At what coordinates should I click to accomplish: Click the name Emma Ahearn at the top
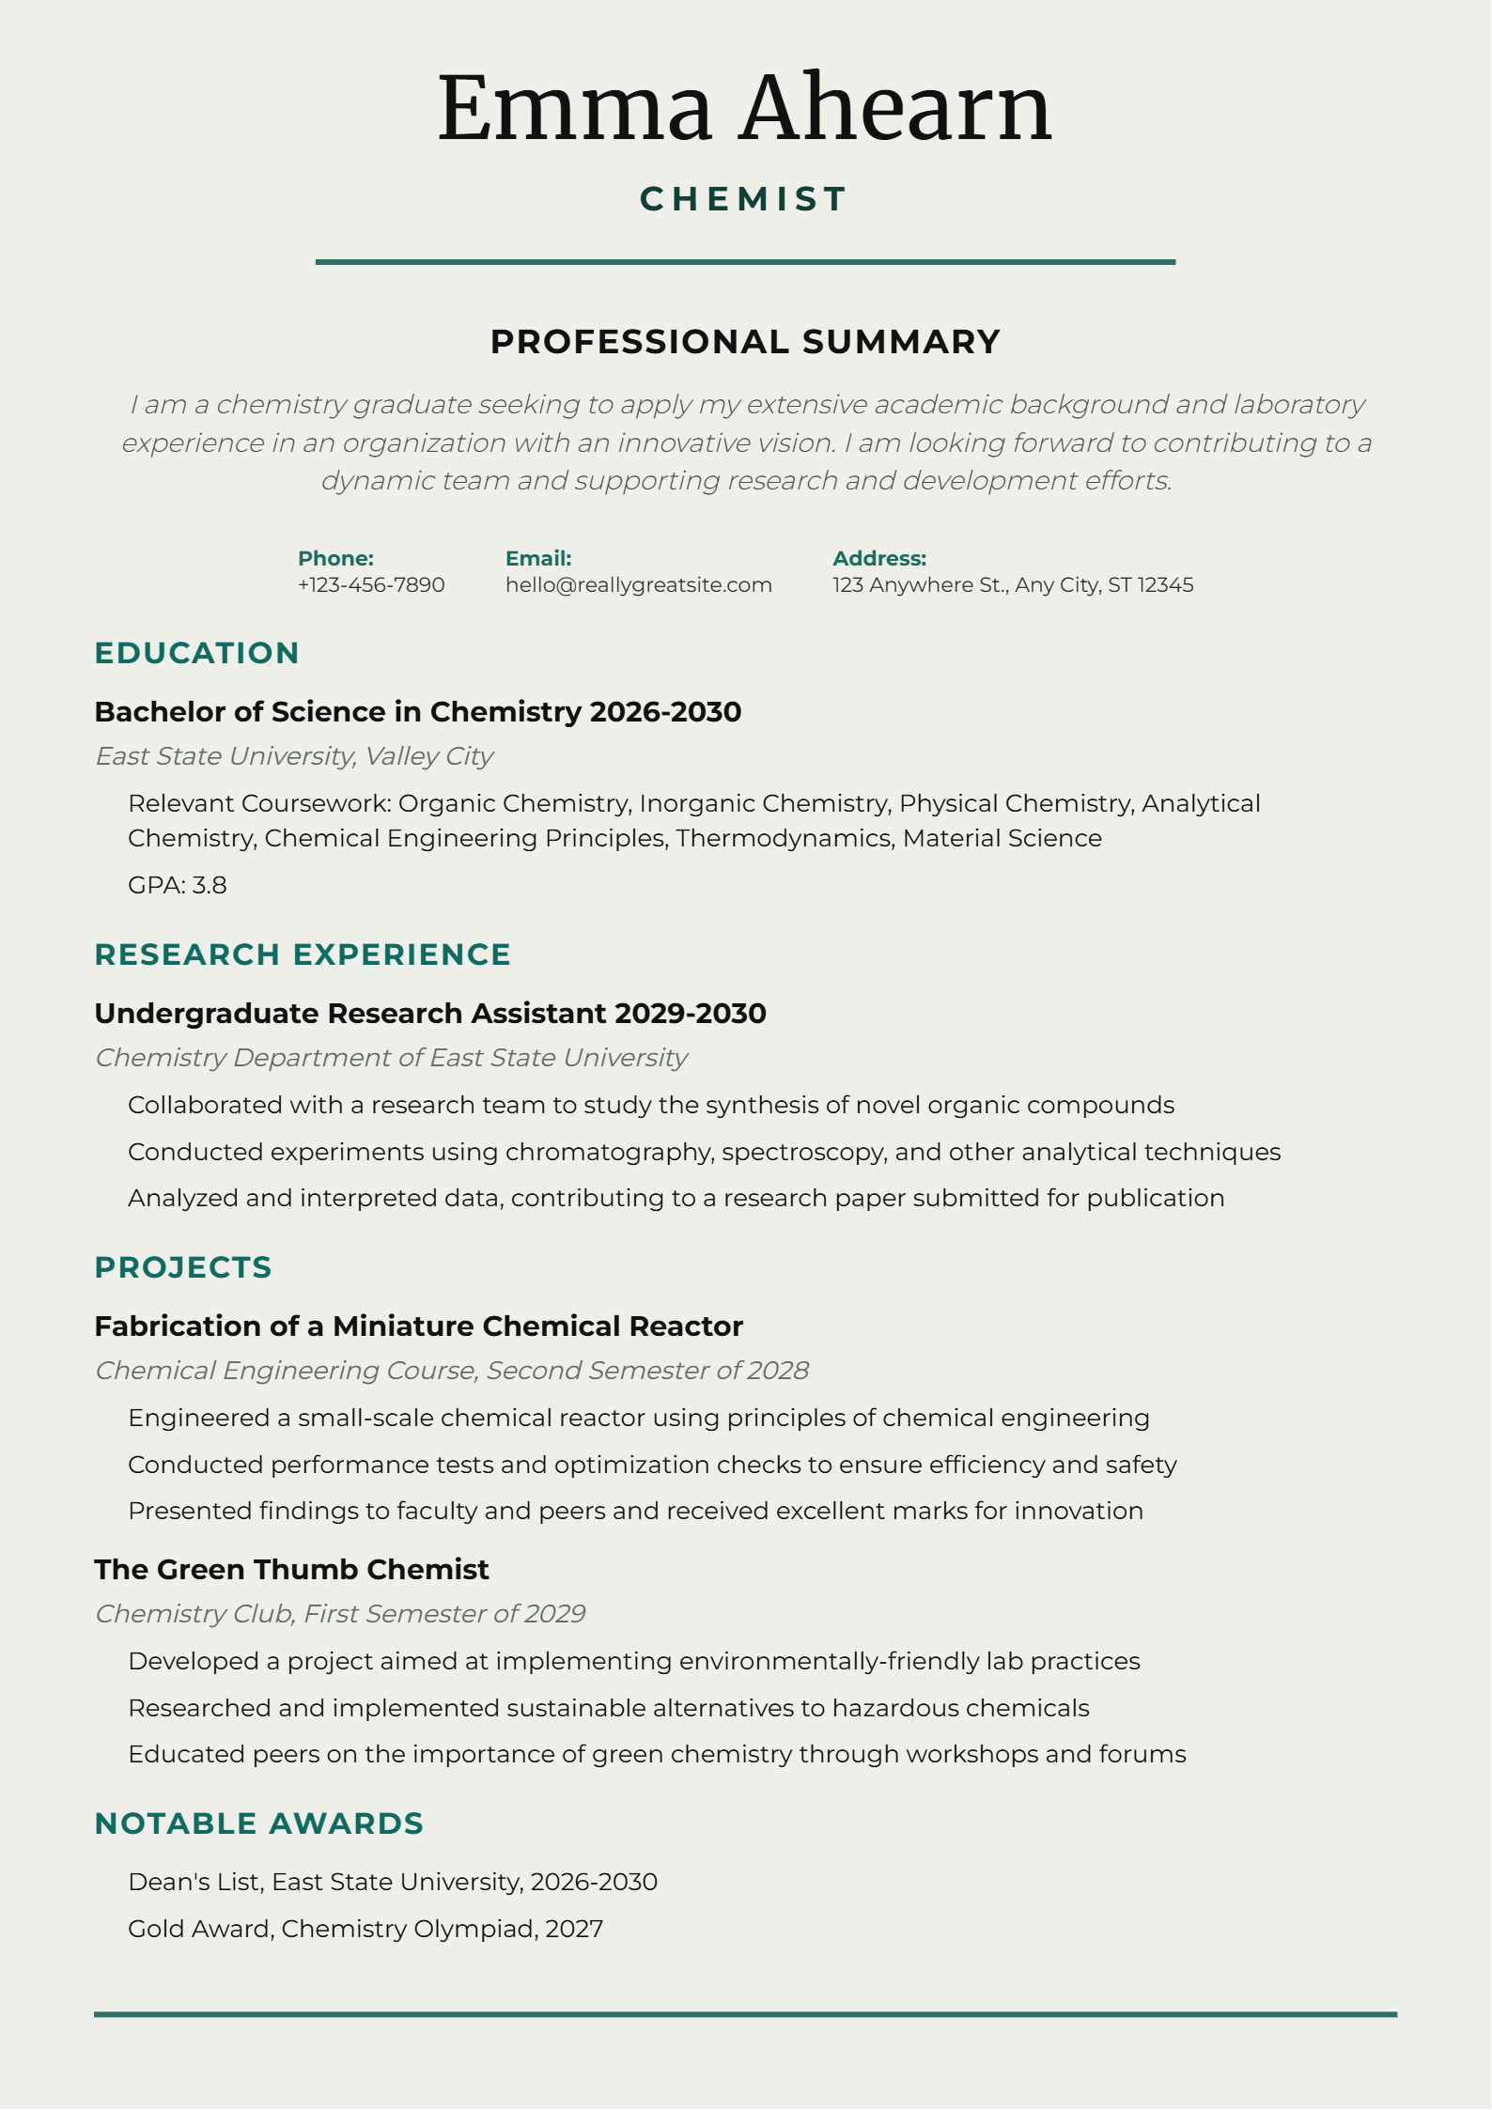744,109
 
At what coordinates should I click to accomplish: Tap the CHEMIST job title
744,199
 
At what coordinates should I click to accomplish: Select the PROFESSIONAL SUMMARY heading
745,342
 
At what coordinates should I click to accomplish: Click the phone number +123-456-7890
371,585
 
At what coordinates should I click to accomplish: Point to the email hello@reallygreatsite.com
638,585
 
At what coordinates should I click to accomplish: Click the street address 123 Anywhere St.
1013,585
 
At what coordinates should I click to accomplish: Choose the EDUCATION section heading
196,653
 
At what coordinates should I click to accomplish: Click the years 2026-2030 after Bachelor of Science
665,712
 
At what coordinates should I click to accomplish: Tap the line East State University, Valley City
294,756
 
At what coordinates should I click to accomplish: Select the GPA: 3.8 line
178,885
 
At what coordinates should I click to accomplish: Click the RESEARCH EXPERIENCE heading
303,954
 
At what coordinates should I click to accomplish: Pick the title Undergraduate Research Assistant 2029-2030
430,1014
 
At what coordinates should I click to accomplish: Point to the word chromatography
609,1153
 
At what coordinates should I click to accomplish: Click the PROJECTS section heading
183,1267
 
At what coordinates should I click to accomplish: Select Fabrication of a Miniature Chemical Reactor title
418,1327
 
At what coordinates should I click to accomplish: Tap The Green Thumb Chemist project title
291,1570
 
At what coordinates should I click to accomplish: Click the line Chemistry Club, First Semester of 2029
340,1614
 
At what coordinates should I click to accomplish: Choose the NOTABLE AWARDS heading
259,1823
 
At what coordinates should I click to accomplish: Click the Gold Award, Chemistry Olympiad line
365,1929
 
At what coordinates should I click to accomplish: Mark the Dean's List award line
393,1882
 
